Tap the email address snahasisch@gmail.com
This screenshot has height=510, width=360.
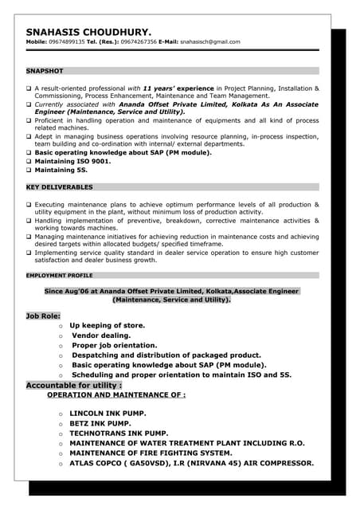[x=209, y=41]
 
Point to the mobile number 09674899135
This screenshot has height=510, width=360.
[x=70, y=41]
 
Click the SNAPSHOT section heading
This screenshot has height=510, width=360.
[x=45, y=71]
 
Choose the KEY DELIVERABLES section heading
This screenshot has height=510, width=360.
[x=60, y=186]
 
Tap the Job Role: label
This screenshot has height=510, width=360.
[x=44, y=316]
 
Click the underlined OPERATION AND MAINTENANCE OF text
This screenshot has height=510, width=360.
[x=116, y=394]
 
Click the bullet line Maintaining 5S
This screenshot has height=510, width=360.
[x=61, y=170]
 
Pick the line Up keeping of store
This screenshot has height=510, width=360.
[x=108, y=325]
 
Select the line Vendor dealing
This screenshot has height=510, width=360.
[x=101, y=335]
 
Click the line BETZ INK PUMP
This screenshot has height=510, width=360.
[x=100, y=424]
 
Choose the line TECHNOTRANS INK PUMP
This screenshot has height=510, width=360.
[x=119, y=433]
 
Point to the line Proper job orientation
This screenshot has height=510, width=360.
[x=115, y=345]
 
